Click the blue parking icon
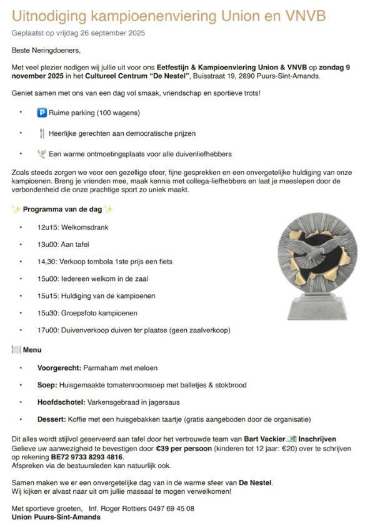(42, 113)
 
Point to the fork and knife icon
(42, 133)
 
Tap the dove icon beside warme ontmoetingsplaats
(42, 153)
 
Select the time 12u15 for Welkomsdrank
(47, 227)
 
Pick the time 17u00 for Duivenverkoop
(47, 330)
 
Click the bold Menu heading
(32, 350)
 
